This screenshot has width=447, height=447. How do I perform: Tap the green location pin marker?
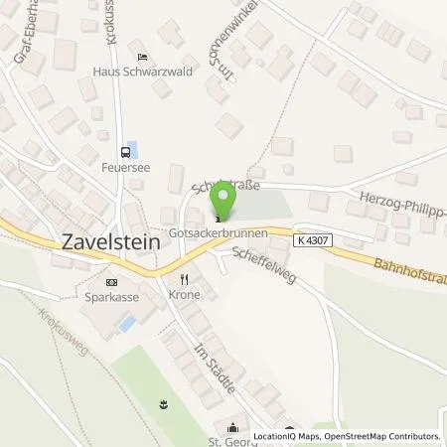(227, 202)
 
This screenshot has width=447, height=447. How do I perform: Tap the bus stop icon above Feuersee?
(125, 153)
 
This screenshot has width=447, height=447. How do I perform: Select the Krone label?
(184, 296)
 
